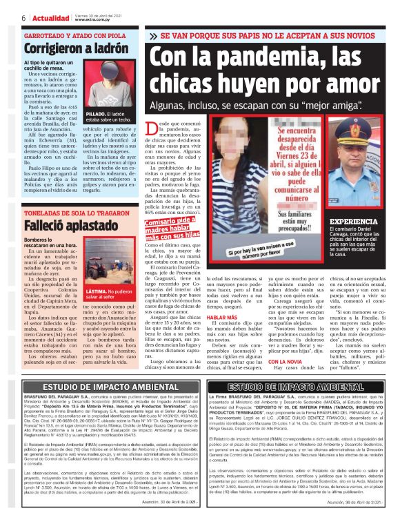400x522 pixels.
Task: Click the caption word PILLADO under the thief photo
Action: coord(97,113)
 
